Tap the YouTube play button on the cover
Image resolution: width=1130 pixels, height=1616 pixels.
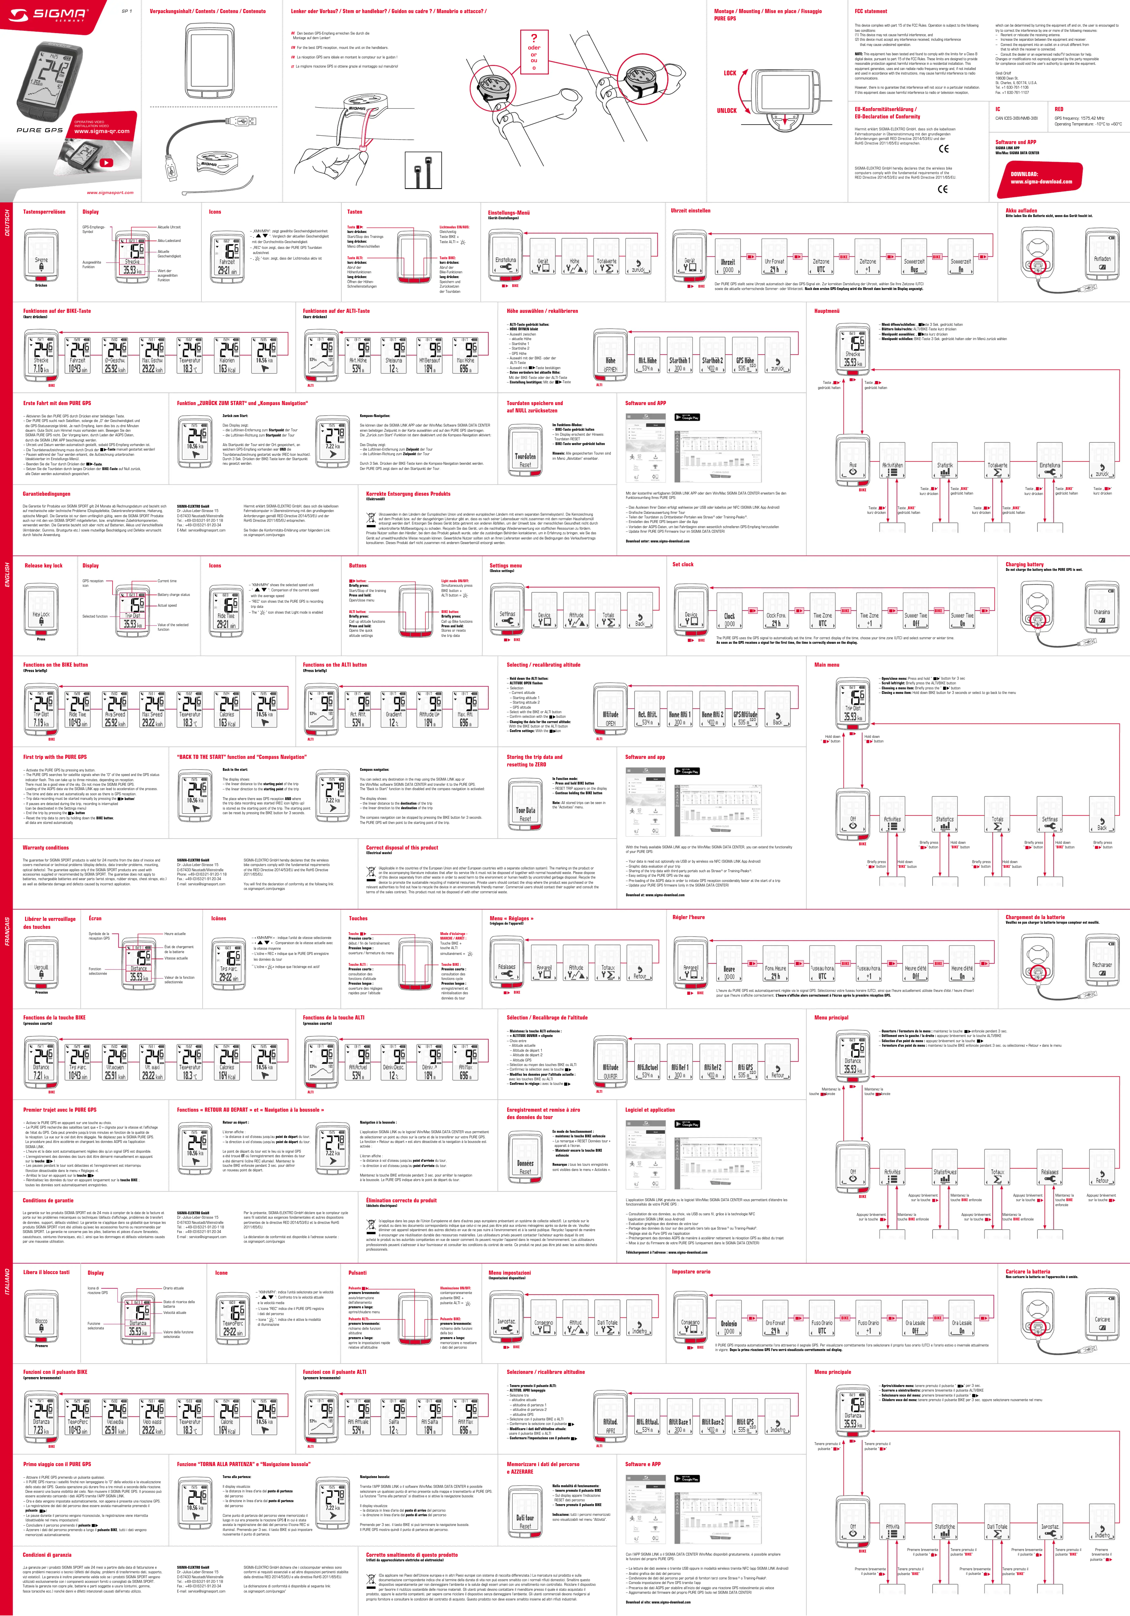click(106, 163)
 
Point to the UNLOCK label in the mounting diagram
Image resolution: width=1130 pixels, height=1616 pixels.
click(727, 111)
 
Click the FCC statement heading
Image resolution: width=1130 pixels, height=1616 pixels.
click(870, 11)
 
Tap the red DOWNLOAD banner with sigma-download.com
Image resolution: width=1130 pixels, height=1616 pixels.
click(1041, 177)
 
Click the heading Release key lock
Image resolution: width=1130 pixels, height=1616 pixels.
click(44, 565)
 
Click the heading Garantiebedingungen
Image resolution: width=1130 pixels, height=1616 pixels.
click(46, 494)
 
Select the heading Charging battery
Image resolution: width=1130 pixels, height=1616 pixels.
click(1025, 565)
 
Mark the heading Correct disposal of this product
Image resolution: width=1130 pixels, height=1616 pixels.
click(402, 847)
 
